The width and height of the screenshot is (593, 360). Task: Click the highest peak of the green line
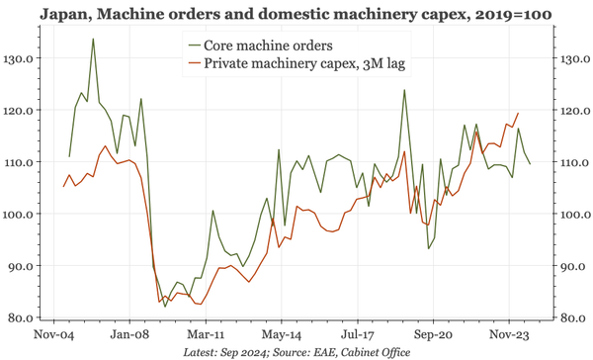[x=93, y=40]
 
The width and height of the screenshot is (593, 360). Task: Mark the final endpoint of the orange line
[x=519, y=113]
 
